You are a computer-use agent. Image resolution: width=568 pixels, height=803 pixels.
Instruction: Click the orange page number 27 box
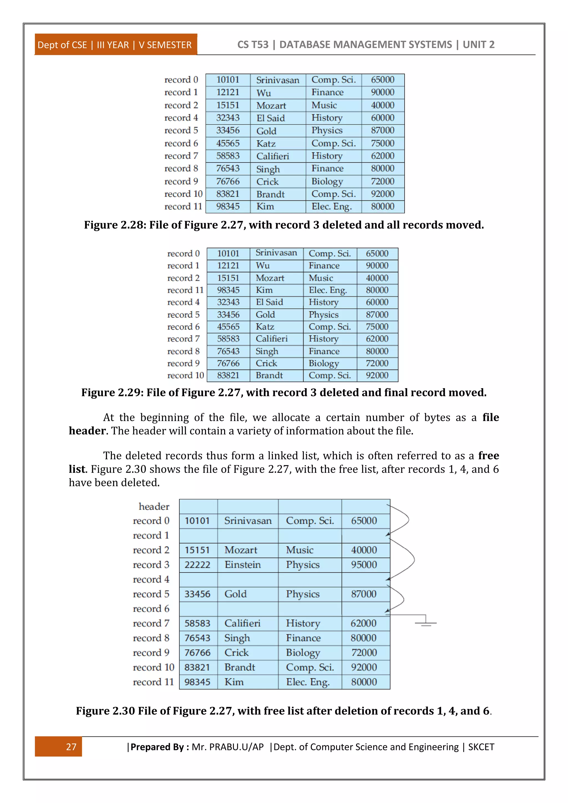59,746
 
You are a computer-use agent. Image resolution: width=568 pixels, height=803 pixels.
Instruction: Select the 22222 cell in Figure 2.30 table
198,565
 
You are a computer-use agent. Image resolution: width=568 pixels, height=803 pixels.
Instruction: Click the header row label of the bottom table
154,506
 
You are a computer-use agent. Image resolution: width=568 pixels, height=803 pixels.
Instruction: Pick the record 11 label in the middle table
185,290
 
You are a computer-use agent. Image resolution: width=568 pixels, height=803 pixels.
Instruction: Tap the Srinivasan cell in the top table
278,80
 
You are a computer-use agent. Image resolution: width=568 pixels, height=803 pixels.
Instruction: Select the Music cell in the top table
324,105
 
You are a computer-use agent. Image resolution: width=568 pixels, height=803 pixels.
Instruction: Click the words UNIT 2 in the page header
478,44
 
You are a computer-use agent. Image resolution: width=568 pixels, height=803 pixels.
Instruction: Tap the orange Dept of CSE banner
115,45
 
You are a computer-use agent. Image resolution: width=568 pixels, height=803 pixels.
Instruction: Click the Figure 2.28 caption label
114,225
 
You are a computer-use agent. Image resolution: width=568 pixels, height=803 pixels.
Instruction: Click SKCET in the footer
481,747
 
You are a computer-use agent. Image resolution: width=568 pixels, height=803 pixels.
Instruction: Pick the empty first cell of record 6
198,609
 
